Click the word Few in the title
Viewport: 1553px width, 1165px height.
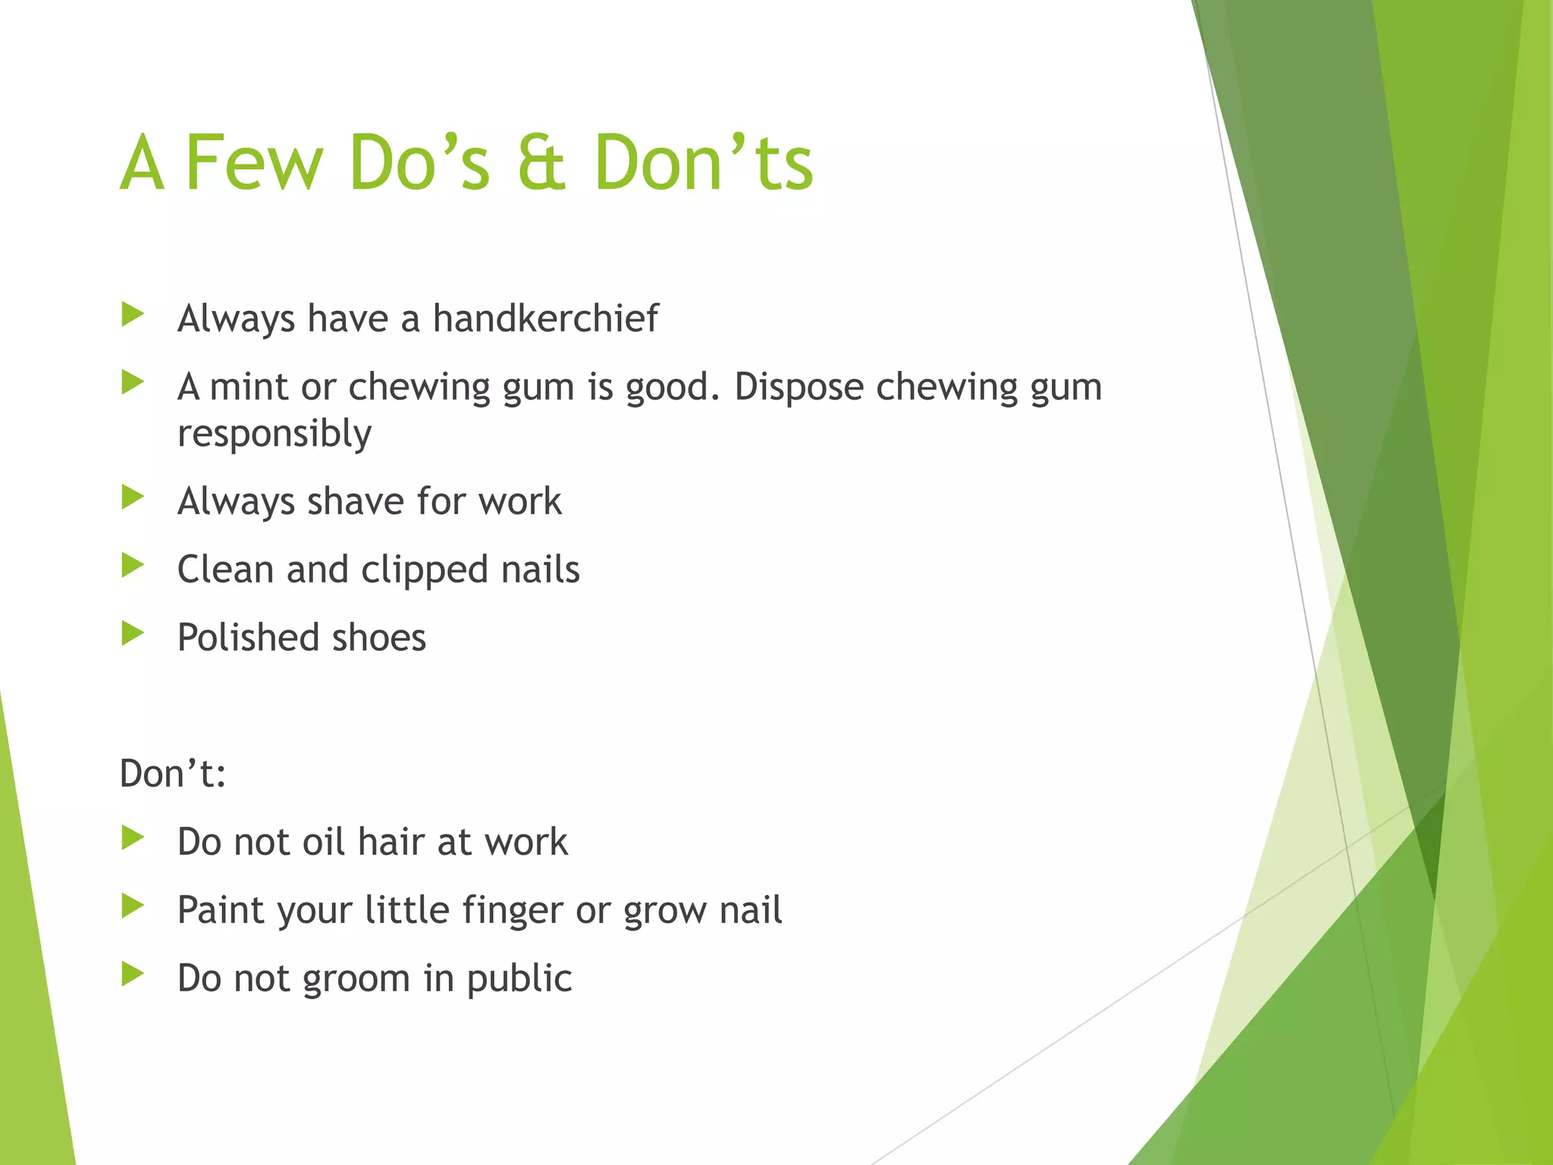[x=254, y=162]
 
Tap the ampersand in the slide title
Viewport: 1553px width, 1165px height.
[x=541, y=162]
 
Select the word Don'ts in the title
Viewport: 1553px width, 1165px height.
[x=703, y=162]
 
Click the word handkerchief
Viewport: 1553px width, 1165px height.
[x=545, y=318]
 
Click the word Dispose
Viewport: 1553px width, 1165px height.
[x=798, y=388]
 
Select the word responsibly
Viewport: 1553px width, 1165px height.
[x=275, y=435]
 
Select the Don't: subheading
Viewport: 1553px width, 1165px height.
[x=173, y=774]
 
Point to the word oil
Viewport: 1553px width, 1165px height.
[x=324, y=842]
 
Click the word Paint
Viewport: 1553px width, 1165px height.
[x=220, y=910]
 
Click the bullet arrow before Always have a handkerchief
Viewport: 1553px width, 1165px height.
[x=133, y=315]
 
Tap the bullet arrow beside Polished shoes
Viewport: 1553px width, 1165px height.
[x=133, y=634]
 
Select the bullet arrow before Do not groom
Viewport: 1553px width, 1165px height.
[x=133, y=975]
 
